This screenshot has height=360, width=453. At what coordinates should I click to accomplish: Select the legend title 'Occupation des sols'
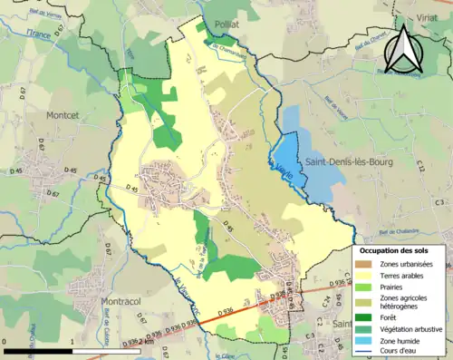(x=400, y=249)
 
